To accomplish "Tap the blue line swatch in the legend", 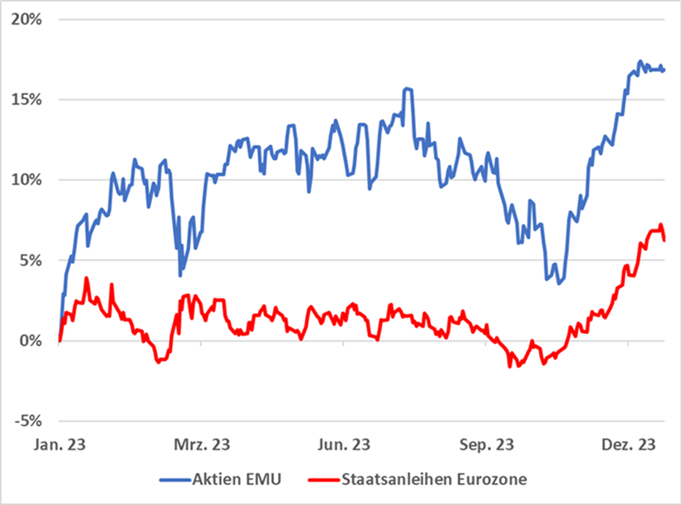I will tap(176, 480).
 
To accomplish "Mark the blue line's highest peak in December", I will tap(640, 61).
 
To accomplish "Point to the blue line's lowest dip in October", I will tap(559, 283).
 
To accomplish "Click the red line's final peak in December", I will tap(660, 225).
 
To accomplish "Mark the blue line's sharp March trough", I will tap(180, 275).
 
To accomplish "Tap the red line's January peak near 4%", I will tap(86, 278).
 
